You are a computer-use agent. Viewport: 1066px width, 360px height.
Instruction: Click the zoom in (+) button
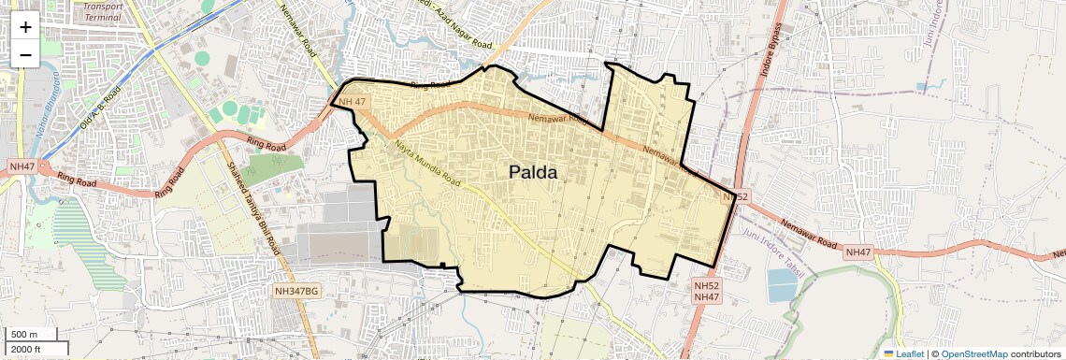(25, 27)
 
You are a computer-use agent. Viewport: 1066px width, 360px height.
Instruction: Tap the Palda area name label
(533, 172)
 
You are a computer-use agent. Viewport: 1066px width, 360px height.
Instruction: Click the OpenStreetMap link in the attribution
(973, 353)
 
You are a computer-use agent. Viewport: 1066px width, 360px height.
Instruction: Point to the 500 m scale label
(25, 334)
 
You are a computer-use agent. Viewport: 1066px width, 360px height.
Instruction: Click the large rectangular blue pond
(782, 285)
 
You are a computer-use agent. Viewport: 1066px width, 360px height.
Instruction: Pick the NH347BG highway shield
(297, 292)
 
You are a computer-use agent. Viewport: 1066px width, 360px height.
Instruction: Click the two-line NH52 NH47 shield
(706, 290)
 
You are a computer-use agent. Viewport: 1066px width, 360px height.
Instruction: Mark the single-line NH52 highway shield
(737, 196)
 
